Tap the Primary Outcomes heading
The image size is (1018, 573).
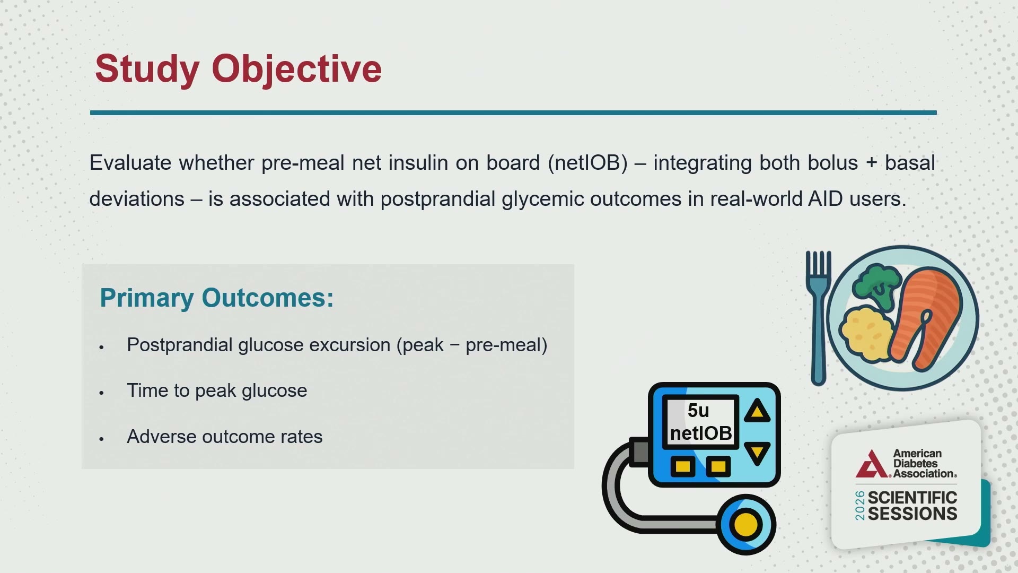(x=217, y=298)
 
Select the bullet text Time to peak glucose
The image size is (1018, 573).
(x=217, y=391)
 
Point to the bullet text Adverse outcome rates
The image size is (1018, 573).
(x=224, y=437)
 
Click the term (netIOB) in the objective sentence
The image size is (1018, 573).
(x=587, y=163)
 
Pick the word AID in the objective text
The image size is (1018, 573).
(x=825, y=199)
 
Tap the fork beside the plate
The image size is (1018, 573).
(x=819, y=318)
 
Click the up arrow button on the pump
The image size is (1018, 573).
(x=757, y=411)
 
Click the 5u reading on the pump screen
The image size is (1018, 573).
(x=698, y=411)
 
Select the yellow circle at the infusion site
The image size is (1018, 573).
(x=746, y=525)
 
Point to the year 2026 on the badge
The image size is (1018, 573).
(x=860, y=506)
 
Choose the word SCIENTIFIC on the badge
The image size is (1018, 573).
(x=912, y=498)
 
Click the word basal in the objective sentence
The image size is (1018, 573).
(x=910, y=163)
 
